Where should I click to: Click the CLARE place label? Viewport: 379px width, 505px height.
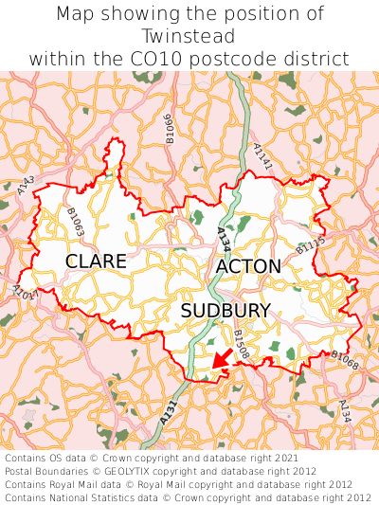[x=96, y=261]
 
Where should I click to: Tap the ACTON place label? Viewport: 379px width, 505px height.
[x=248, y=267]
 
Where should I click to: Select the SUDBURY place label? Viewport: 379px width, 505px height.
[x=226, y=311]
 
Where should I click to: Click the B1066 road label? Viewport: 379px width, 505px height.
[x=169, y=125]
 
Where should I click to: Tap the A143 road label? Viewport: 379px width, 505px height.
[x=27, y=185]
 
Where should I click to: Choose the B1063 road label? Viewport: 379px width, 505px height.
[x=76, y=224]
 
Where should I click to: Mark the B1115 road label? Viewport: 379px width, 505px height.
[x=310, y=247]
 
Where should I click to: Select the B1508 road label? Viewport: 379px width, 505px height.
[x=242, y=344]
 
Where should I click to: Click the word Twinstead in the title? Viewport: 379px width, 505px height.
[x=189, y=36]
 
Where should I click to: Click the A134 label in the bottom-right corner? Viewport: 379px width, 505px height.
[x=345, y=409]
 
